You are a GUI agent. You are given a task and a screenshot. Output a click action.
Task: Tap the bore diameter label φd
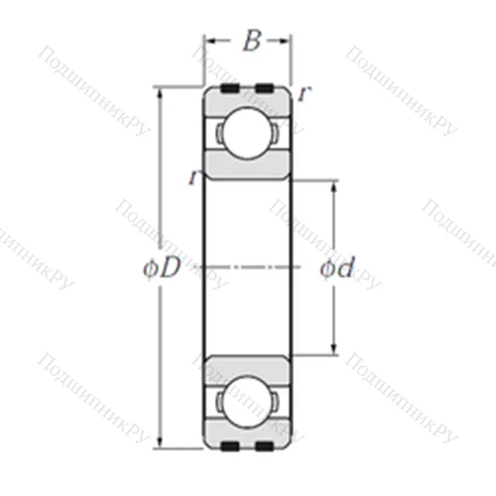[337, 268]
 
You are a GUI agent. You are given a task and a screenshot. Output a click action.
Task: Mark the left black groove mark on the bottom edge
[229, 446]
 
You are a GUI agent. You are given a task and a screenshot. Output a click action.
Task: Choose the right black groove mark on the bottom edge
[263, 446]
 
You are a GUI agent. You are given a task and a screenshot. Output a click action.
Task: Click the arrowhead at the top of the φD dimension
[161, 93]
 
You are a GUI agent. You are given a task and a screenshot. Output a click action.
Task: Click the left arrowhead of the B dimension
[209, 41]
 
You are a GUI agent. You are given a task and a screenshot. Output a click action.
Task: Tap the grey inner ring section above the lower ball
[247, 367]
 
